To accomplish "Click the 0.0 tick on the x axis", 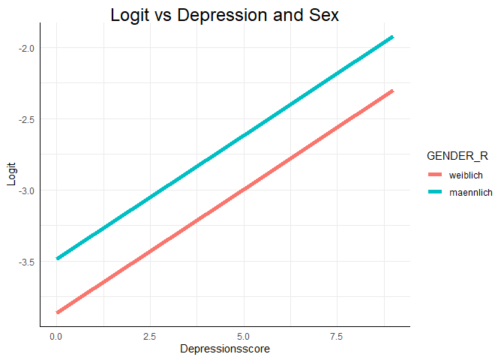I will (x=55, y=337).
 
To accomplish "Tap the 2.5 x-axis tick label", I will (x=149, y=337).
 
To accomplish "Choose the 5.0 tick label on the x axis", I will (x=243, y=337).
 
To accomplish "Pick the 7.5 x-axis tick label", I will (x=337, y=337).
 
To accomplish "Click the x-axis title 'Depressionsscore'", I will (x=224, y=349).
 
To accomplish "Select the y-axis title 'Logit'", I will (x=10, y=178).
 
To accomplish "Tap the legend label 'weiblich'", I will (x=465, y=174).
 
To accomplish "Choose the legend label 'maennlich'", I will (x=470, y=192).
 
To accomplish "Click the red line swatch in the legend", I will (x=436, y=174).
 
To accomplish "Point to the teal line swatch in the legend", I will (x=436, y=192).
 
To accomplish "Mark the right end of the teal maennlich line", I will (x=392, y=37).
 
